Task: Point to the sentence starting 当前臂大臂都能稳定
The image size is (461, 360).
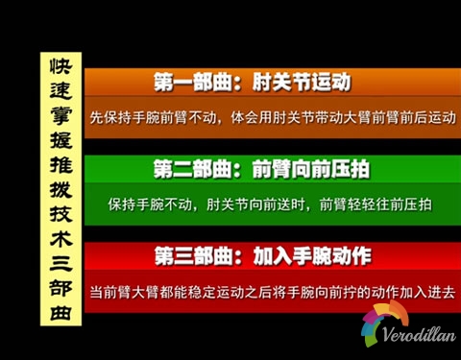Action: [x=272, y=290]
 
